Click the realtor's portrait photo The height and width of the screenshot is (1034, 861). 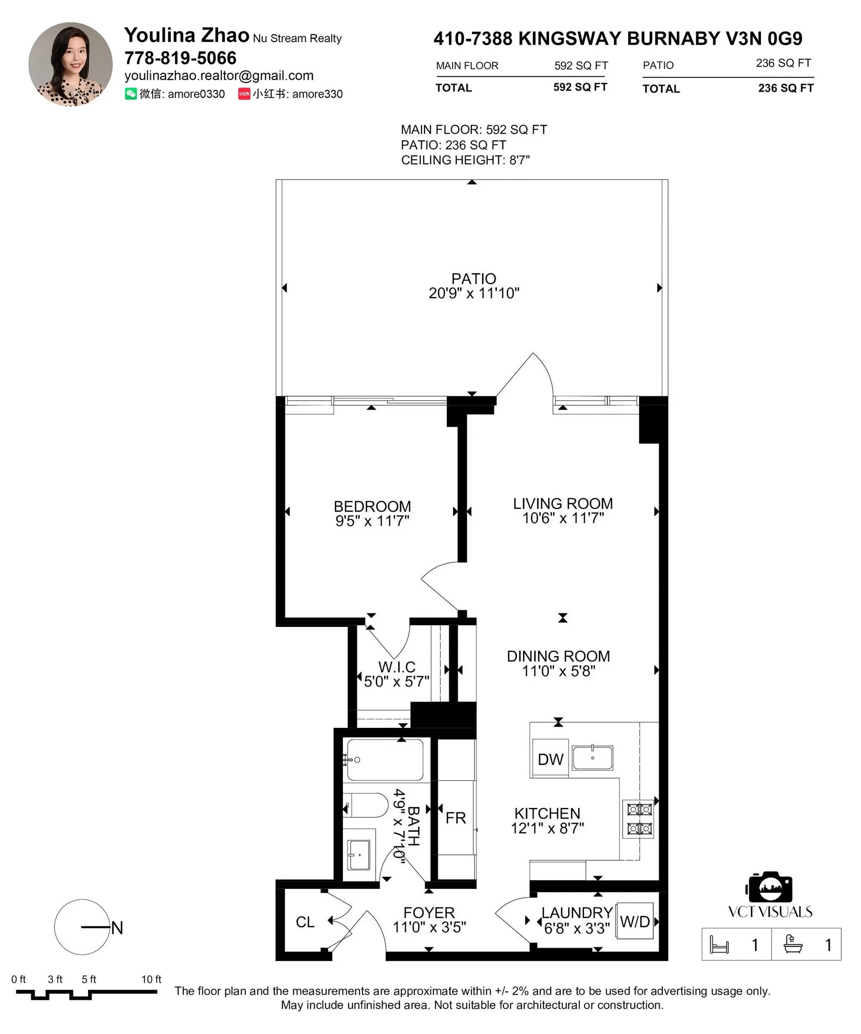pos(70,64)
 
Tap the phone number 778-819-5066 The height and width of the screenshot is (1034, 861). pos(180,58)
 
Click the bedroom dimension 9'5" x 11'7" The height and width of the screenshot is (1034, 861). pos(373,521)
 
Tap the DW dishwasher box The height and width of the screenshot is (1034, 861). pos(550,759)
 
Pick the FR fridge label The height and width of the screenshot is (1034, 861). pos(456,818)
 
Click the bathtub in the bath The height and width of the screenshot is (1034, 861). pos(385,760)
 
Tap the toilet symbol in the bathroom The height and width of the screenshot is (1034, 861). pos(366,806)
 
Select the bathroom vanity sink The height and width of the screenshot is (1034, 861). pos(359,855)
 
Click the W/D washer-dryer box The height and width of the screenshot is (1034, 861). pos(634,921)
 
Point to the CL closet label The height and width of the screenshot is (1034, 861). pos(305,922)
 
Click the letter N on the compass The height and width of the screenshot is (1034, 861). pos(117,928)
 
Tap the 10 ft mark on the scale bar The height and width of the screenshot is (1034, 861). pos(151,979)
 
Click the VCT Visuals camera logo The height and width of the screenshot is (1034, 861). pos(769,887)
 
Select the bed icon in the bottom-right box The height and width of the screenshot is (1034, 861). pos(719,944)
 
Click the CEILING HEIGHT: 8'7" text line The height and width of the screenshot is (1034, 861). pos(465,160)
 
